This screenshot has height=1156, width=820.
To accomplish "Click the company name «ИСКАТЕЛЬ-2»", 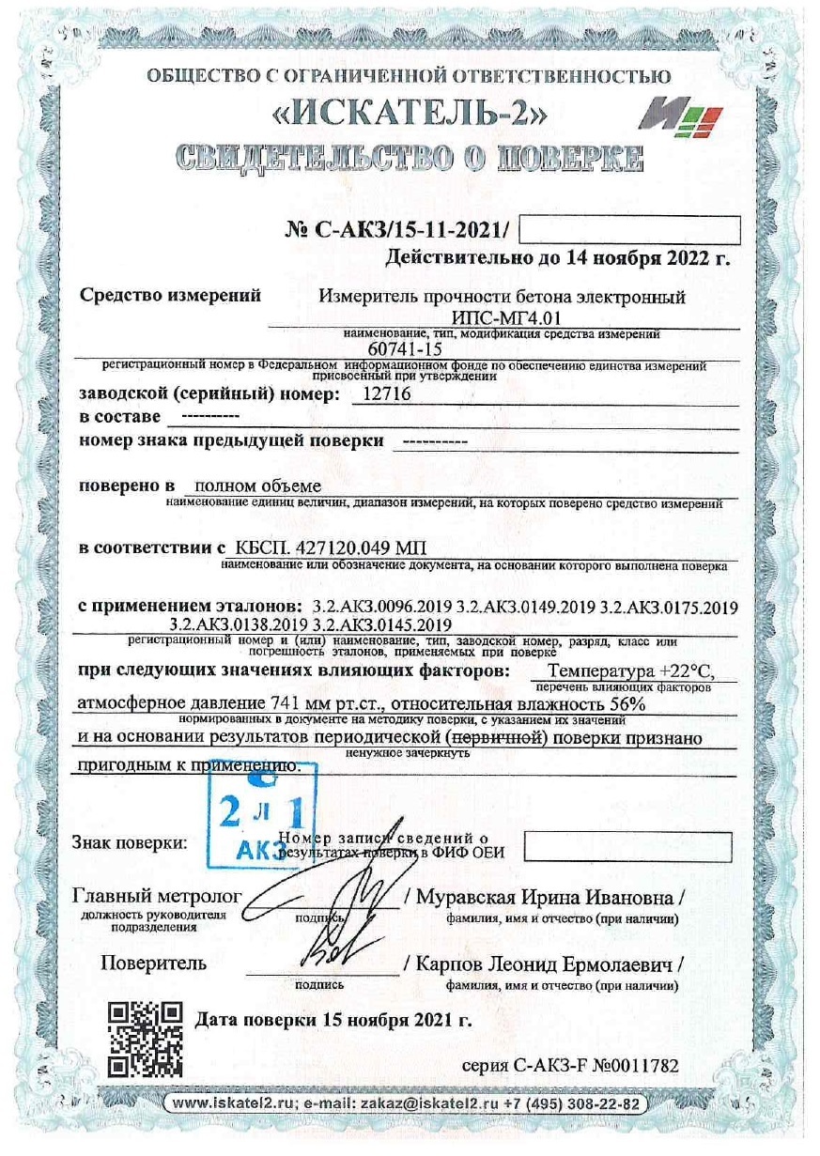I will (x=410, y=116).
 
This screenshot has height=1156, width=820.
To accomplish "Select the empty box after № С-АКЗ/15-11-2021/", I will (x=629, y=229).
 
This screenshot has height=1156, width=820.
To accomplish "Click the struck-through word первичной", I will (x=498, y=738).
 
